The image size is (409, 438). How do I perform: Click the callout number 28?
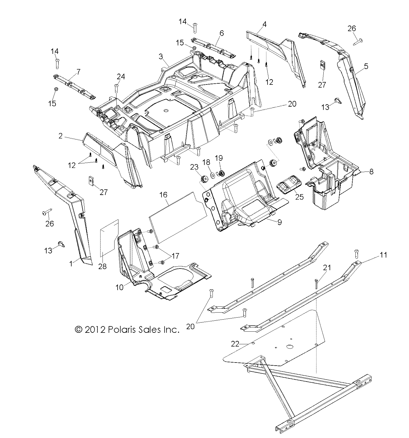(x=102, y=266)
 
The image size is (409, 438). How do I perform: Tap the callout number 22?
(x=235, y=344)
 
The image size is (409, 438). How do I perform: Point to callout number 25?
(x=300, y=197)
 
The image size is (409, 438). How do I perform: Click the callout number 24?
(x=121, y=77)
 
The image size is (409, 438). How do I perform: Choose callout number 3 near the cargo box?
(x=161, y=56)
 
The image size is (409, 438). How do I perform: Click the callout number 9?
(x=279, y=222)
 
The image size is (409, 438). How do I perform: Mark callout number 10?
(x=120, y=288)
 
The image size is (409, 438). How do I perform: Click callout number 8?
(x=371, y=171)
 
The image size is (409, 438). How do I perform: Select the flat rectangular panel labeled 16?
(x=178, y=216)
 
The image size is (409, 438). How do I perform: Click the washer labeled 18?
(x=213, y=175)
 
